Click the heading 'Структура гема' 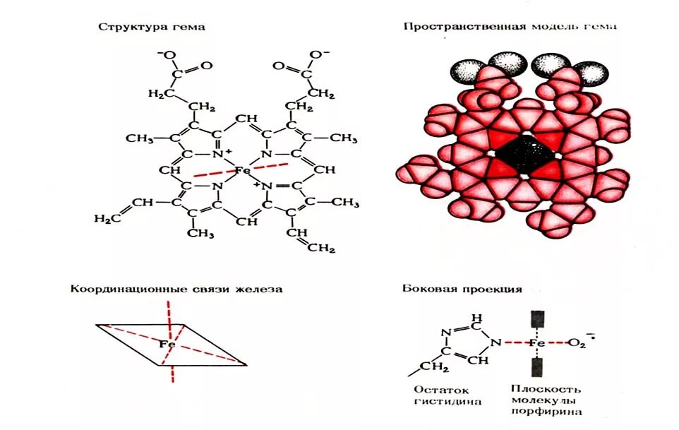coord(152,28)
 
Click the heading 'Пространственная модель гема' coord(510,26)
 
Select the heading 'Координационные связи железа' coord(176,289)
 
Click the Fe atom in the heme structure coord(242,170)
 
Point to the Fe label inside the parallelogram coord(167,344)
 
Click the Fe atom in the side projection coord(537,342)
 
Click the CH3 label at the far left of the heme coord(140,138)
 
